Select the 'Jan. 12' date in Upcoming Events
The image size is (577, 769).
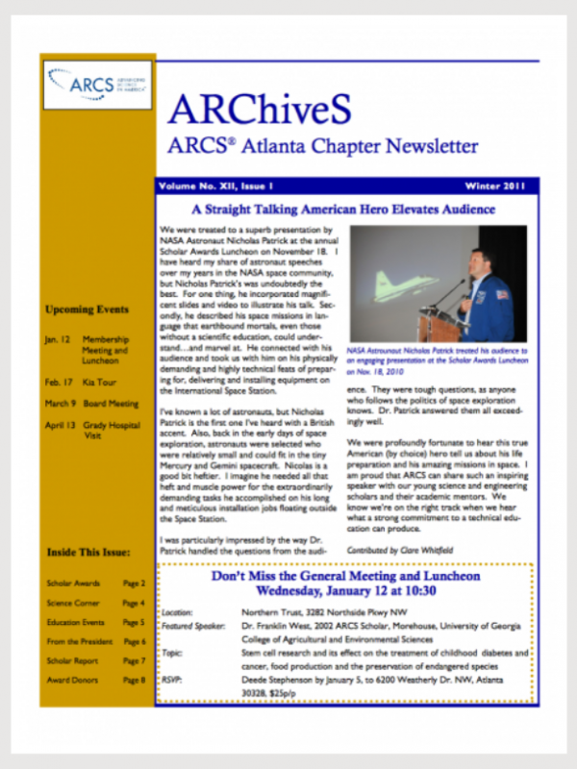coord(57,340)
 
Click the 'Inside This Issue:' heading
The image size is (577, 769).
coord(88,552)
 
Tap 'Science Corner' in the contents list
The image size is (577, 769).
coord(73,603)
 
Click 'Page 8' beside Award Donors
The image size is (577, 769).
coord(134,680)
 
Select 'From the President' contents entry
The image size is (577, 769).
coord(77,641)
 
